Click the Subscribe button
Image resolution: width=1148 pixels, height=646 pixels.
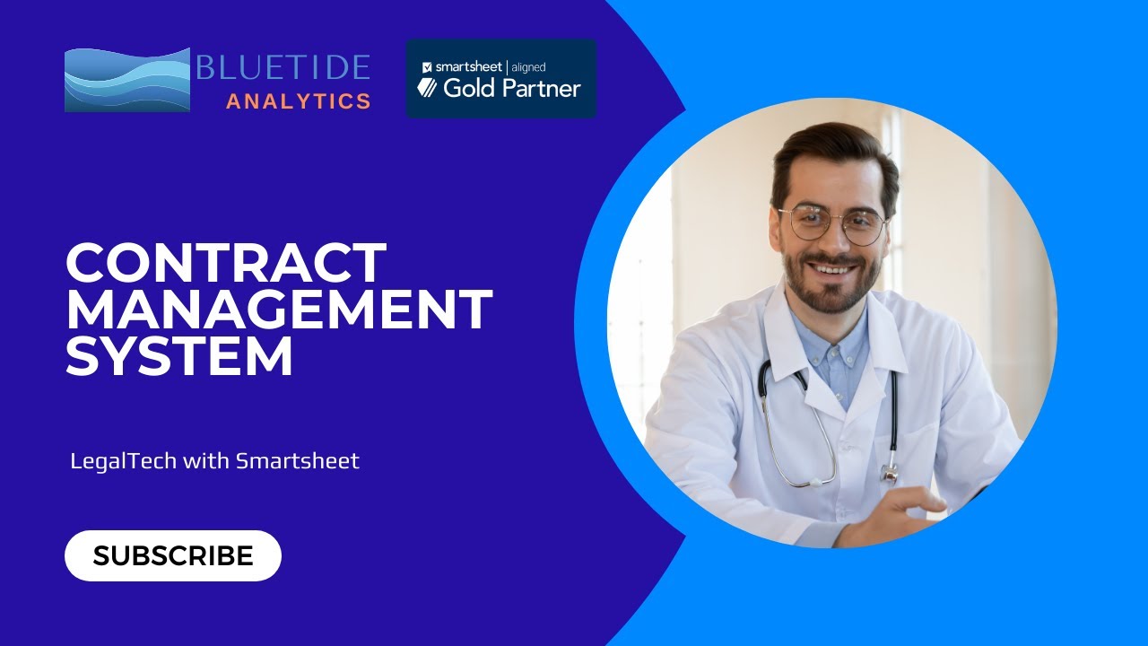(x=173, y=556)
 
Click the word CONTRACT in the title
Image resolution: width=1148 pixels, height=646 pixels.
(x=226, y=264)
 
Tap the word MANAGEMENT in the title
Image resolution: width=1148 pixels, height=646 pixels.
(x=279, y=310)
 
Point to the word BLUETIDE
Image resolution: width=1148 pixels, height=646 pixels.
(x=283, y=68)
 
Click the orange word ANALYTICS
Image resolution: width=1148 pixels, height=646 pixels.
(x=299, y=101)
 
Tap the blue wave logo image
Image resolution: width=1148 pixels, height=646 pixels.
(x=127, y=80)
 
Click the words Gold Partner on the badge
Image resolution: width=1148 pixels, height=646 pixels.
(x=512, y=88)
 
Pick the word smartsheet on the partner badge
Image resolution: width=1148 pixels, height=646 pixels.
(x=469, y=66)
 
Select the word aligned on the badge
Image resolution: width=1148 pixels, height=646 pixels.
(x=528, y=66)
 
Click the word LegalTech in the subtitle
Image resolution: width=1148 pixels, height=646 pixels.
(x=124, y=461)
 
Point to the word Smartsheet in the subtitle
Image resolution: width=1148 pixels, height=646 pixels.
(x=298, y=461)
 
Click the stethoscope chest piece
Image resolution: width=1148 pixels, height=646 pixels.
(x=889, y=472)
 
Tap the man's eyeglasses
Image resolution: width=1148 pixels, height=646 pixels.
(x=833, y=223)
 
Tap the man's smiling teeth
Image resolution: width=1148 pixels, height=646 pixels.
(x=833, y=267)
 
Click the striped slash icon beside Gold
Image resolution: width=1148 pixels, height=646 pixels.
(x=427, y=88)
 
